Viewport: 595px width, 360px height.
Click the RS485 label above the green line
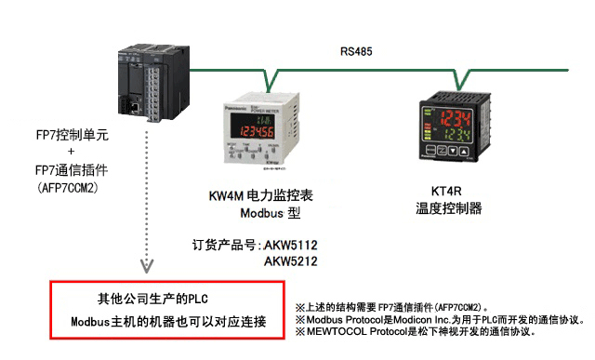click(x=356, y=52)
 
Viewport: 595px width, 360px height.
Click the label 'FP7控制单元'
click(x=72, y=135)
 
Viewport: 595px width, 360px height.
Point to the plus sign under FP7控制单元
click(x=72, y=152)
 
